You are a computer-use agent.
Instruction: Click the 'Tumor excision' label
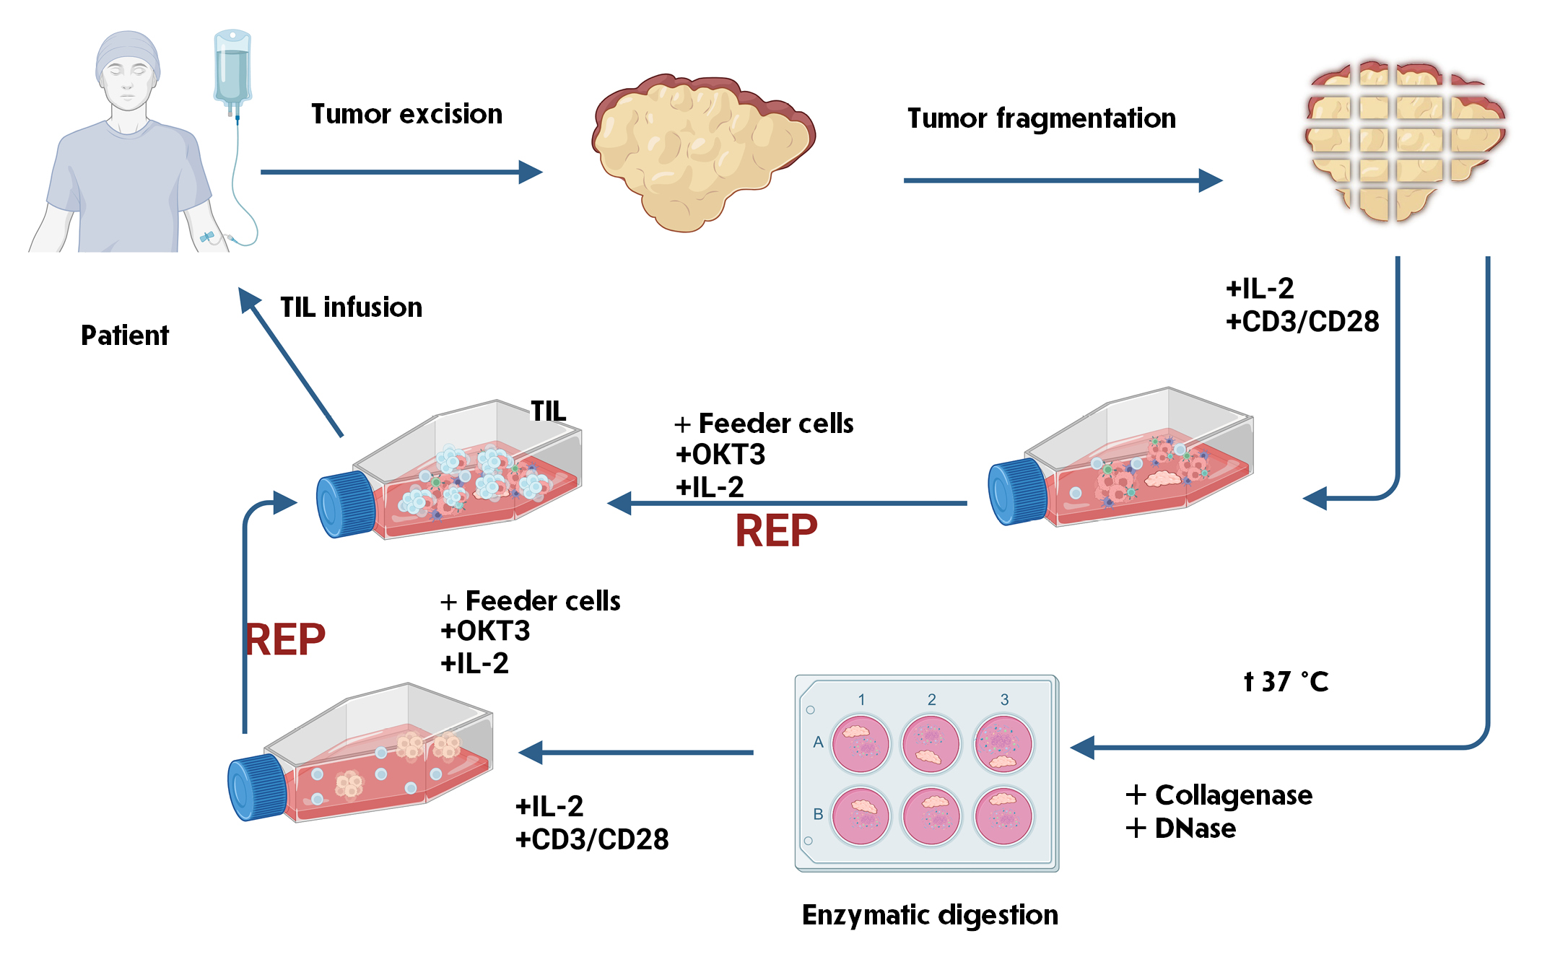coord(406,114)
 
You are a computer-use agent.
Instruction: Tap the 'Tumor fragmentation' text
coord(1041,118)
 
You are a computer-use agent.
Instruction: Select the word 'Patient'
coord(124,336)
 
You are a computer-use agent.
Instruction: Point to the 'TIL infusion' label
coord(351,307)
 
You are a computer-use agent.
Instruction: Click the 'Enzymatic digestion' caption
coord(930,915)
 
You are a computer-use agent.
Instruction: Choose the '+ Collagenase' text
coord(1219,795)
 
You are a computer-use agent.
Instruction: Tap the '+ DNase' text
coord(1181,828)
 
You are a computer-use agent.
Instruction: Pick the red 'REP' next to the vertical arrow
coord(286,639)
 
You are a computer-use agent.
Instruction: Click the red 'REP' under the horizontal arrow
coord(776,531)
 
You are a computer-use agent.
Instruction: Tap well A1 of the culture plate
coord(860,743)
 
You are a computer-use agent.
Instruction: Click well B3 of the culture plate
coord(1003,816)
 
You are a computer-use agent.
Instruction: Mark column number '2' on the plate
coord(932,699)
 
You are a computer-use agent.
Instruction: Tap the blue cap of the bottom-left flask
coord(257,787)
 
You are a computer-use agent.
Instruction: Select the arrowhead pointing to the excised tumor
coord(531,172)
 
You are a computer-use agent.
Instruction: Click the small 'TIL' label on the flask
coord(549,411)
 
